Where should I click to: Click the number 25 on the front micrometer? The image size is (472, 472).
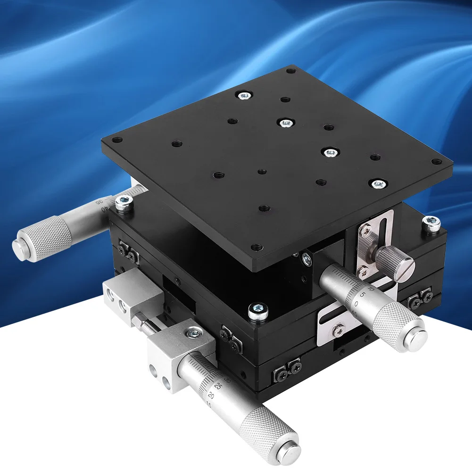click(218, 385)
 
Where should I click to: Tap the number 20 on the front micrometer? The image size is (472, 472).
click(211, 396)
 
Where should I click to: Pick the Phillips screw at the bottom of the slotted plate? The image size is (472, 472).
click(338, 329)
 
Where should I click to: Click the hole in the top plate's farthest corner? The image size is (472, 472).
click(290, 71)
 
